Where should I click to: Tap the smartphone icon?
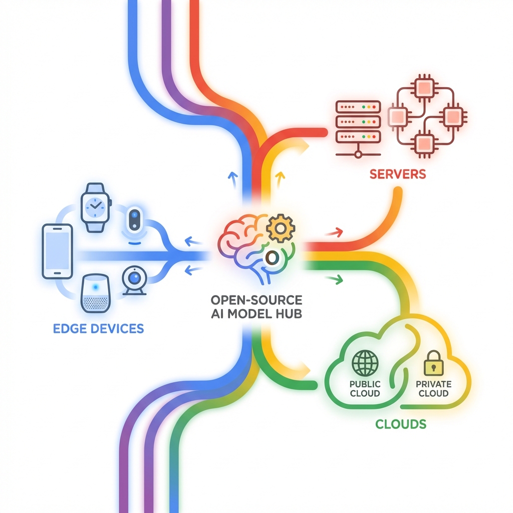pos(57,250)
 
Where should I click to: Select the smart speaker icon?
pos(94,293)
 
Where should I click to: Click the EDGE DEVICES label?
pos(98,329)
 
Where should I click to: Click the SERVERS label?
pos(397,174)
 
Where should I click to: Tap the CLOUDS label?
pos(401,424)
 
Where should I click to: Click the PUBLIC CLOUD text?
pos(365,389)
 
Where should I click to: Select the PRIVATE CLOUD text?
pos(433,389)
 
